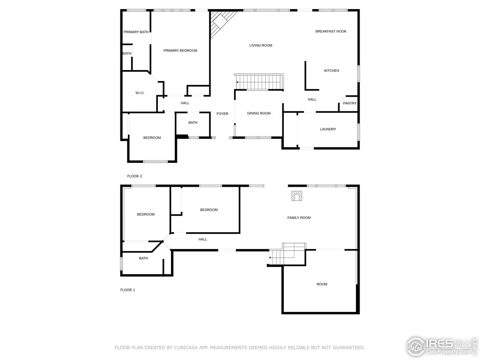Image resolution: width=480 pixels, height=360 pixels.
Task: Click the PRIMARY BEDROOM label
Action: [180, 51]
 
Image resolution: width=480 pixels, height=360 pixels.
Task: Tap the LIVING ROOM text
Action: [261, 45]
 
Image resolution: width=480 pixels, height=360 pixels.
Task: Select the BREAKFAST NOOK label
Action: [331, 31]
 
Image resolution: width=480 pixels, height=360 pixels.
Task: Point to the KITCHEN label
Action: [331, 70]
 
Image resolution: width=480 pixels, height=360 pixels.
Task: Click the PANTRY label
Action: [349, 103]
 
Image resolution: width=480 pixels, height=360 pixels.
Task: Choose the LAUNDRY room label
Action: [328, 129]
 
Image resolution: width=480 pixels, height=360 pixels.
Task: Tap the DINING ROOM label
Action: [259, 113]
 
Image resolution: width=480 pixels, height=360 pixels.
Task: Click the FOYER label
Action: [222, 114]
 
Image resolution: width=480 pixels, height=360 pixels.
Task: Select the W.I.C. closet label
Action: [140, 93]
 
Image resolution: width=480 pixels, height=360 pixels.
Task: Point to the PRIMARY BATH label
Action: [136, 32]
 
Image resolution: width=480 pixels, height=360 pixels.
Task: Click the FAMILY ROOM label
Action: [299, 218]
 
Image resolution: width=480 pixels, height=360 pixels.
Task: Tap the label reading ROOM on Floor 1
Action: [322, 284]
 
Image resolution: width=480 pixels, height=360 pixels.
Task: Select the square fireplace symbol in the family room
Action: [297, 196]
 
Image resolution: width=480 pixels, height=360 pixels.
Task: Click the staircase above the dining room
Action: [259, 82]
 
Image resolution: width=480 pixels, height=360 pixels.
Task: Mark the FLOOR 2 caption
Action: [135, 176]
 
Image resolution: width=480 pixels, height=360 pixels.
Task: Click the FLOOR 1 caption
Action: [127, 290]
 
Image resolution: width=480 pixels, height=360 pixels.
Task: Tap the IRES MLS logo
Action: [442, 346]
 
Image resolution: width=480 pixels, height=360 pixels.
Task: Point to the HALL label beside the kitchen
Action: [312, 100]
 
